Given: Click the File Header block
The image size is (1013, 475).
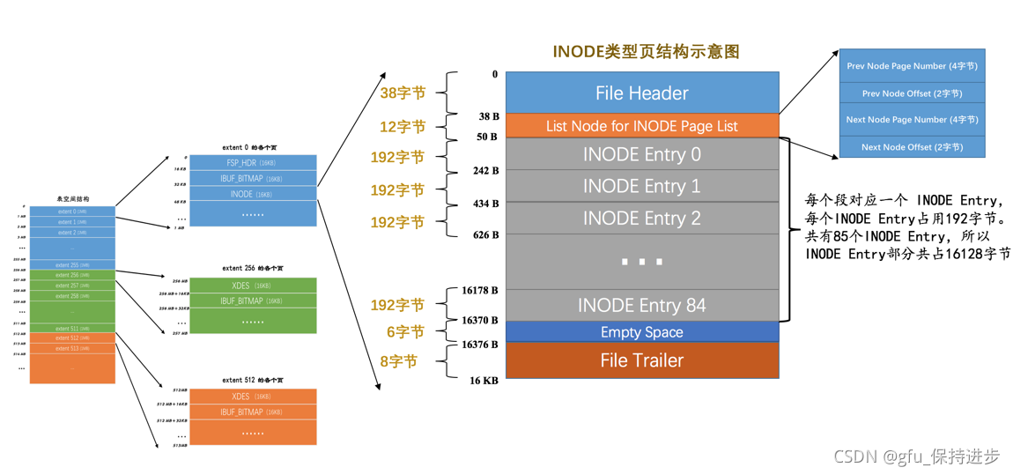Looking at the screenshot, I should click(x=641, y=93).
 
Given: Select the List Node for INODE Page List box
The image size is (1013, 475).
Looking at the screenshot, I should click(x=641, y=126).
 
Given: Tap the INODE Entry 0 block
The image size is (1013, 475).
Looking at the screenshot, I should click(x=641, y=154).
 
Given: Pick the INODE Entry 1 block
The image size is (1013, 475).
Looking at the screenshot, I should click(x=641, y=186).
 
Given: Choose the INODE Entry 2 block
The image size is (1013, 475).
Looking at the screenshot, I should click(x=641, y=218).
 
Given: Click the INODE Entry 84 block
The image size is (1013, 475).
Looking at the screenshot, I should click(x=641, y=305).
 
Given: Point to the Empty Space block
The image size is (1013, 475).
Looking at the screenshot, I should click(x=641, y=332).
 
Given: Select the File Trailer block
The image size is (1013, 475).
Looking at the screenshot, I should click(x=641, y=360).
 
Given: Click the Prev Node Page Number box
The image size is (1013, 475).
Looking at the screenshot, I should click(x=912, y=66).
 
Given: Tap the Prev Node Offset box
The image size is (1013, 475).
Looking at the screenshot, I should click(x=912, y=93).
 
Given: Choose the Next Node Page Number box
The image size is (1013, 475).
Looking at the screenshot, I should click(x=912, y=120).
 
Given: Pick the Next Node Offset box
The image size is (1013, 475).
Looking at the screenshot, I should click(x=912, y=147).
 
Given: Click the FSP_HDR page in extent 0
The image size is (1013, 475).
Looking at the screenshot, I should click(x=253, y=163).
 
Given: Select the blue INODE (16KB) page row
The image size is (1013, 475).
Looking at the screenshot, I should click(x=253, y=194).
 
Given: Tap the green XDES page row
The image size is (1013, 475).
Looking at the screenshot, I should click(x=253, y=286).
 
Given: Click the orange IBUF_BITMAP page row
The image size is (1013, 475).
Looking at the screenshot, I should click(x=253, y=412).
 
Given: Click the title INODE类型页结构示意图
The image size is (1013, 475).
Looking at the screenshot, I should click(x=646, y=51).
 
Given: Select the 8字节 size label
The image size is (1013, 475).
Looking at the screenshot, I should click(x=399, y=361).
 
